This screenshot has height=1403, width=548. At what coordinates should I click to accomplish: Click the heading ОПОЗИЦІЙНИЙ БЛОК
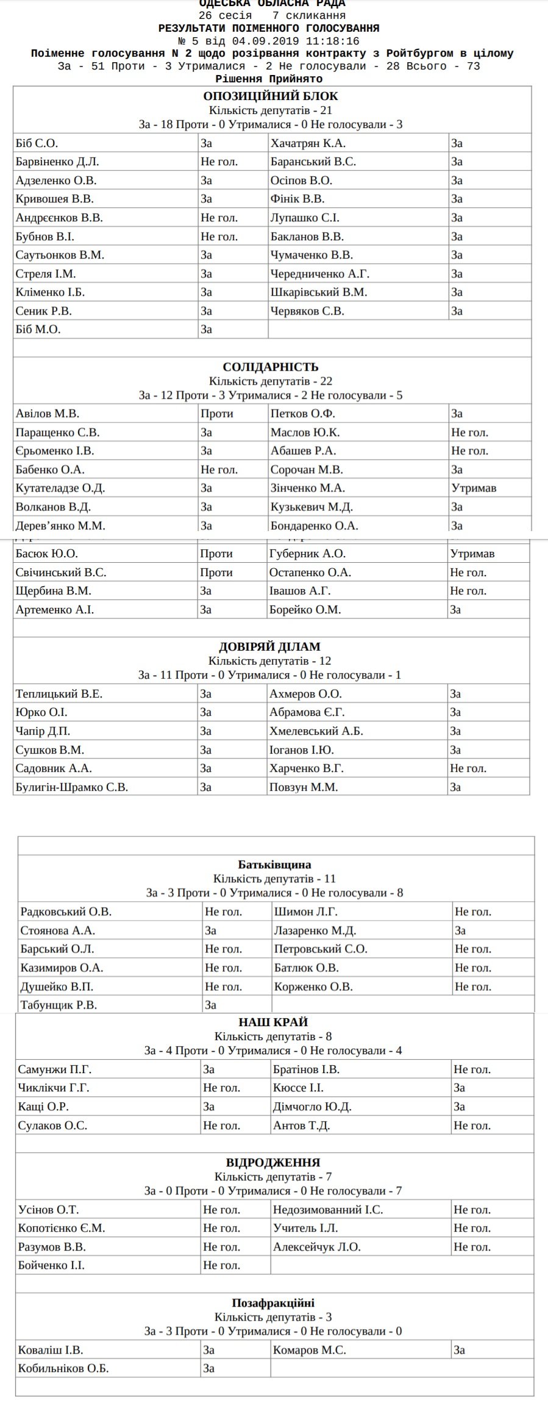(270, 96)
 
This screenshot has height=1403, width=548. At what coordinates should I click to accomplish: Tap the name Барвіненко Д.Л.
(57, 162)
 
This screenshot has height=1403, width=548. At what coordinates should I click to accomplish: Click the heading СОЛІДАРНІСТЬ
(270, 367)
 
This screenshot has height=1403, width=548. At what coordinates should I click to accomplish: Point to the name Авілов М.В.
(48, 413)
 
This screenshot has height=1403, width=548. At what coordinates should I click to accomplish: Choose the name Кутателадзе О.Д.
(60, 488)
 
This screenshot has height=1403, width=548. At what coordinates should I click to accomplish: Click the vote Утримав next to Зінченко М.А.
(474, 488)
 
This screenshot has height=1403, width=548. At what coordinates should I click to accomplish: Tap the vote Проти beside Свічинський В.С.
(216, 573)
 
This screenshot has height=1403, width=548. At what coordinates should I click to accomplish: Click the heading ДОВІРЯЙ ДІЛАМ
(269, 647)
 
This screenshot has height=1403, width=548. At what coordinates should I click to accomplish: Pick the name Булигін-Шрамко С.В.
(72, 787)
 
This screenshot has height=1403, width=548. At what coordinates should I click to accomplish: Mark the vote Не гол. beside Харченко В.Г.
(468, 768)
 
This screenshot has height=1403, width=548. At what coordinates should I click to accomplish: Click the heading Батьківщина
(274, 865)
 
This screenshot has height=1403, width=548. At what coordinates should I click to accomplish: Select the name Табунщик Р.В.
(59, 1005)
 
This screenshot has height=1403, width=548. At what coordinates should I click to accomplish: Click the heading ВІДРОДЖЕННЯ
(273, 1163)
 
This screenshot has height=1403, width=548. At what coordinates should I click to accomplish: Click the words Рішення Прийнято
(269, 79)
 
